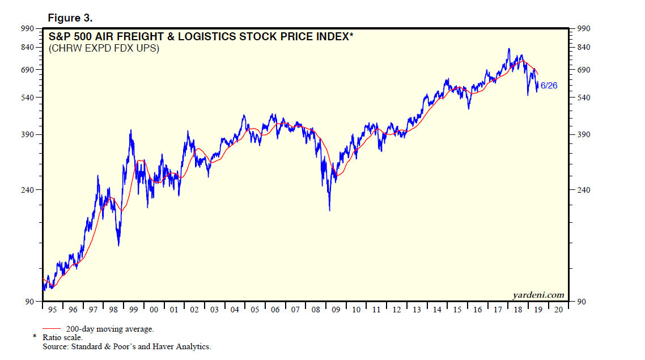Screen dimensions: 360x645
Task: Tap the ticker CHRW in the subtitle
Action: [x=66, y=49]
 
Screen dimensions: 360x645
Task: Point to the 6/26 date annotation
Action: [x=549, y=86]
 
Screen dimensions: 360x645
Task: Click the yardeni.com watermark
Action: [x=538, y=295]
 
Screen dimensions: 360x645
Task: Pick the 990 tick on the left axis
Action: [x=28, y=28]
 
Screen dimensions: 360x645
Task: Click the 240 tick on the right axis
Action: [x=584, y=190]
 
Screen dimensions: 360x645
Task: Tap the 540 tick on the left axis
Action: [x=28, y=98]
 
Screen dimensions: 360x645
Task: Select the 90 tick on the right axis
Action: [x=582, y=302]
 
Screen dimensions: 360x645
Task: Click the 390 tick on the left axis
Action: [x=28, y=134]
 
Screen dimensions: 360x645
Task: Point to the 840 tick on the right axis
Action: [x=584, y=48]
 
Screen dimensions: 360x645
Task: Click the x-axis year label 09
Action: [x=336, y=310]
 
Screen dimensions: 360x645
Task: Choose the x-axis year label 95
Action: [x=53, y=310]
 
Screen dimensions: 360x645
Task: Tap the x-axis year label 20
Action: [x=559, y=310]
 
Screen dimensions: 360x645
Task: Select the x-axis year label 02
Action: [x=194, y=310]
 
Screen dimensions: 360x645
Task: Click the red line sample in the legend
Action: [x=52, y=329]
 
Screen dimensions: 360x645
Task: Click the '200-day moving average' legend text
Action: [x=110, y=329]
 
